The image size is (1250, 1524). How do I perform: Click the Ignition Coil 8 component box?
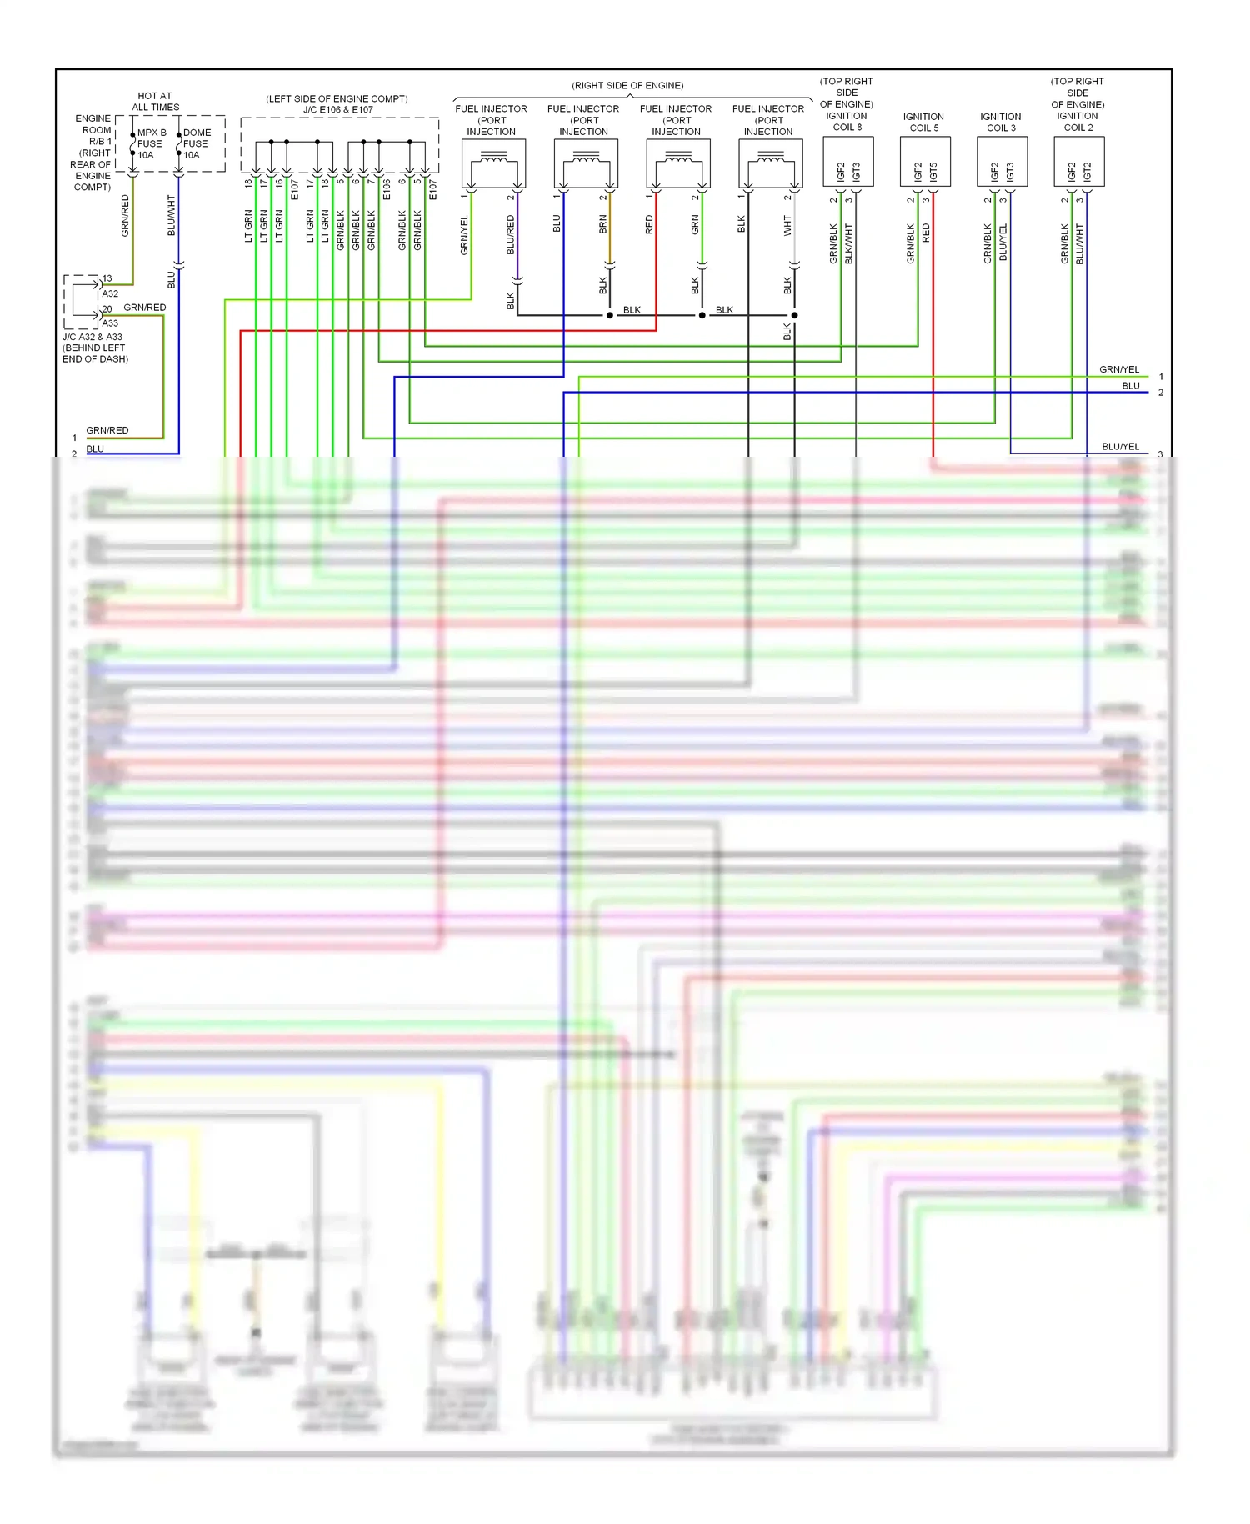pyautogui.click(x=847, y=162)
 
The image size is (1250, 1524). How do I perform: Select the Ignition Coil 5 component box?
pyautogui.click(x=925, y=162)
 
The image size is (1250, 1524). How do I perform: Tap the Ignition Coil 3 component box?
pyautogui.click(x=1002, y=162)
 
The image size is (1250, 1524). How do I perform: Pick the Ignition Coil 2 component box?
pyautogui.click(x=1078, y=162)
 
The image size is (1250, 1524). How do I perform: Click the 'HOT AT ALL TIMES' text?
pyautogui.click(x=155, y=101)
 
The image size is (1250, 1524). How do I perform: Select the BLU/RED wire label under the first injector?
pyautogui.click(x=511, y=235)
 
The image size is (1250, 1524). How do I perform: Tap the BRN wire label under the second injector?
pyautogui.click(x=603, y=224)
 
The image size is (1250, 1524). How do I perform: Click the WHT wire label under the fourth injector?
pyautogui.click(x=787, y=225)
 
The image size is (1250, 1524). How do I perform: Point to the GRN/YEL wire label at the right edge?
pyautogui.click(x=1118, y=369)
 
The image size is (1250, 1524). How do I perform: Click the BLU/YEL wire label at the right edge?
pyautogui.click(x=1120, y=447)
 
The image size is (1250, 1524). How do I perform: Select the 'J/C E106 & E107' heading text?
pyautogui.click(x=337, y=109)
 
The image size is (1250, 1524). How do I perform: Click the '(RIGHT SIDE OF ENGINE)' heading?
pyautogui.click(x=627, y=85)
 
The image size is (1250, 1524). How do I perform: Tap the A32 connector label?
pyautogui.click(x=110, y=293)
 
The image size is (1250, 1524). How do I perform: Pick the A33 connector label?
pyautogui.click(x=110, y=323)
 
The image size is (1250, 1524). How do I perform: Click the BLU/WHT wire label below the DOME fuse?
pyautogui.click(x=172, y=215)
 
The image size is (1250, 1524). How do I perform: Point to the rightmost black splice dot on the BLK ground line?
pyautogui.click(x=794, y=315)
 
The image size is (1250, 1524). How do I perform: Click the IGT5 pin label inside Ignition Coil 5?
pyautogui.click(x=933, y=172)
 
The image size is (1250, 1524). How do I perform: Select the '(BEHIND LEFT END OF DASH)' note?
pyautogui.click(x=94, y=353)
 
